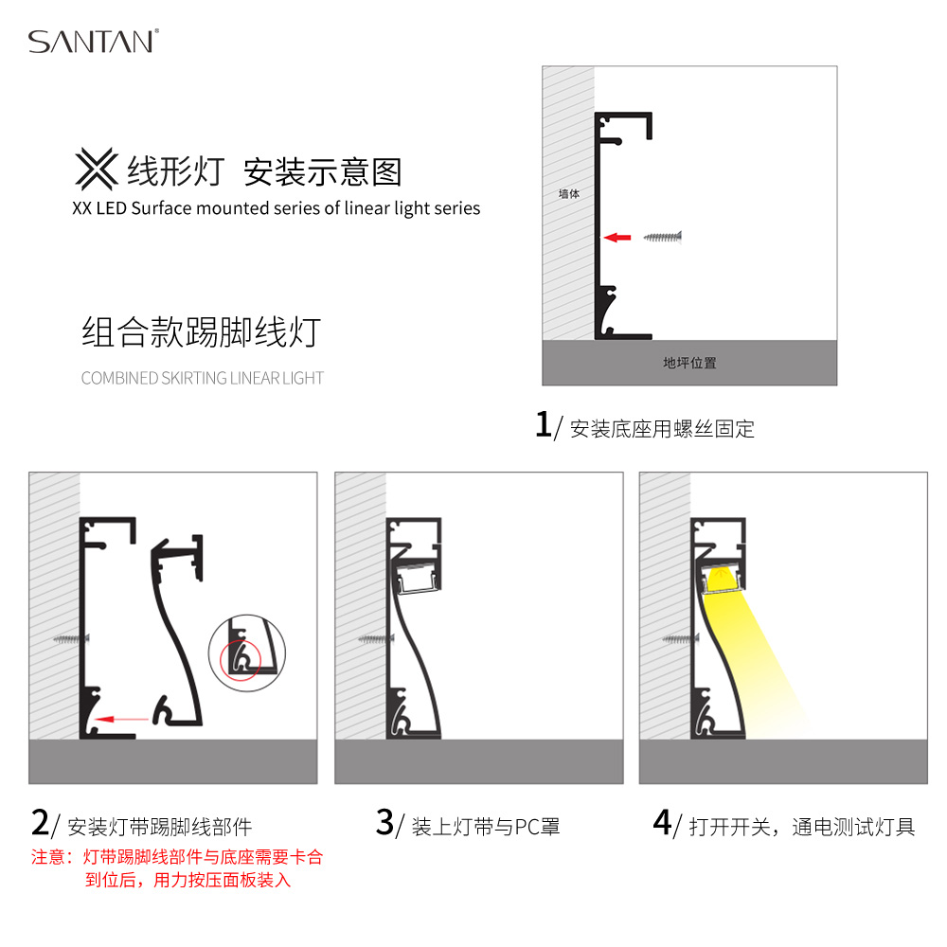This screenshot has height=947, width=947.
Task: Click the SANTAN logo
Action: pos(94,41)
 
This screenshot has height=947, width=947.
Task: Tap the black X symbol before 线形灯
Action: pos(97,170)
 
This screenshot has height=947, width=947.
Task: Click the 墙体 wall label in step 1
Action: pos(569,194)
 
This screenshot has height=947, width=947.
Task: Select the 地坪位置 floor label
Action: pos(689,363)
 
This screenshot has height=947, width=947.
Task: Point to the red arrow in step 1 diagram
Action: pos(617,238)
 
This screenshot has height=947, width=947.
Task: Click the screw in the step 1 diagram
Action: pos(663,238)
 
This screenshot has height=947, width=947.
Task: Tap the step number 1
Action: pos(543,424)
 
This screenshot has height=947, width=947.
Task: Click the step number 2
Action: pos(40,823)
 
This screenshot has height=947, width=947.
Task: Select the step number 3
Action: pos(384,823)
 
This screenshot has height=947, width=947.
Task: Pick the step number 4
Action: pos(663,823)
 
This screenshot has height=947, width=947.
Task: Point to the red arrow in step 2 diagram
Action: pos(122,719)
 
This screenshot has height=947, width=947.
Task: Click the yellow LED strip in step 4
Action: pos(721,581)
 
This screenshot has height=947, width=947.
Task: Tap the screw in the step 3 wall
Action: pos(376,638)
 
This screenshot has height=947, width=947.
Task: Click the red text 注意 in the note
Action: pos(47,857)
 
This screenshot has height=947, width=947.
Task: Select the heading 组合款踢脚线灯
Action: pos(201,331)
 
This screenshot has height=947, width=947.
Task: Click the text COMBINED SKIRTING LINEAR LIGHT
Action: pos(203,378)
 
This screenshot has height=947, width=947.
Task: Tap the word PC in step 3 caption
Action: pos(527,827)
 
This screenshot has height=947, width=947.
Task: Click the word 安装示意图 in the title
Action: pos(323,172)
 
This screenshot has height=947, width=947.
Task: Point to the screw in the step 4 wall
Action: pos(681,638)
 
